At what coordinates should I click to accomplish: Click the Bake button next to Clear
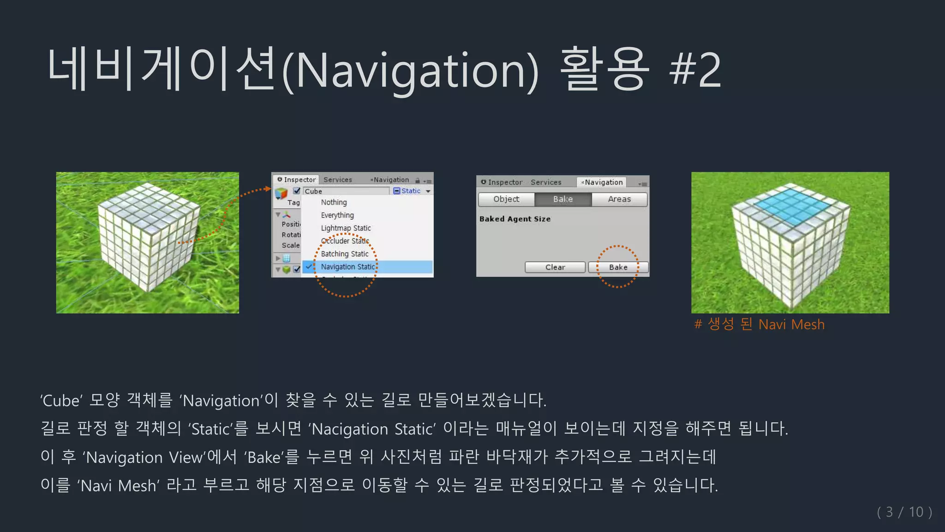(618, 267)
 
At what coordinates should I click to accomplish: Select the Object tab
(506, 199)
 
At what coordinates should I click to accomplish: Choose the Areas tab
(619, 199)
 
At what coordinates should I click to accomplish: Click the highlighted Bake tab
(563, 199)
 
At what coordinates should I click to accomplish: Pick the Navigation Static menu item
(348, 267)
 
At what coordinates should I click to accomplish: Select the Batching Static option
(345, 254)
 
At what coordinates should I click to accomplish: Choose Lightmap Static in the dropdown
(346, 228)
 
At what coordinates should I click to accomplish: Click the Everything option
(337, 215)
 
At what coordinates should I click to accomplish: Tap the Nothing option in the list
(334, 202)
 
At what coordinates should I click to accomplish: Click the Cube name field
(346, 191)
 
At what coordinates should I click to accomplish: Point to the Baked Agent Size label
(515, 219)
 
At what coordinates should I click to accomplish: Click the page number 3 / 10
(904, 512)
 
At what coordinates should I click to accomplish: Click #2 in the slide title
(696, 70)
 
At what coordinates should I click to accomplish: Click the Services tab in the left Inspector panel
(337, 180)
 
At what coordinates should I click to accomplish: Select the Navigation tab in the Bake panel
(603, 182)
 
